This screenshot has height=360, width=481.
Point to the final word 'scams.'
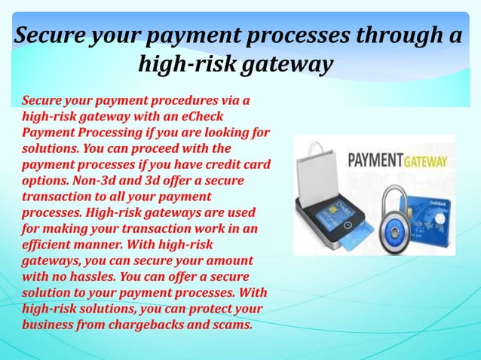click(229, 325)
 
